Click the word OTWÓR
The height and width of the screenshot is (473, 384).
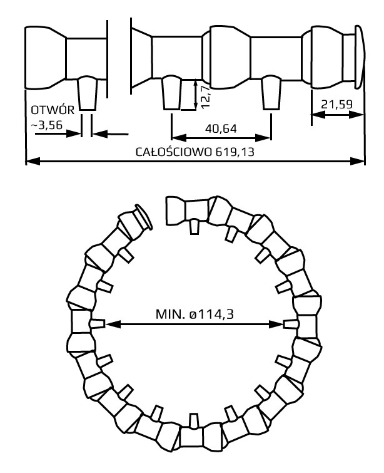pyautogui.click(x=53, y=110)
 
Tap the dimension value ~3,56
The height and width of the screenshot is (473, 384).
pyautogui.click(x=48, y=124)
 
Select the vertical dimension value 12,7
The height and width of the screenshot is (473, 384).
pyautogui.click(x=206, y=97)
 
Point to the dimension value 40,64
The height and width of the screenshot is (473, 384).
pyautogui.click(x=221, y=129)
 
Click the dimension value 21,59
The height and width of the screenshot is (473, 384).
pyautogui.click(x=336, y=105)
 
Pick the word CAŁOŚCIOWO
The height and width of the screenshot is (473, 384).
pyautogui.click(x=174, y=152)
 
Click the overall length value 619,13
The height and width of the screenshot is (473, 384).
pyautogui.click(x=235, y=152)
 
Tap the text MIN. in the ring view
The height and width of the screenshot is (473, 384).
pyautogui.click(x=170, y=314)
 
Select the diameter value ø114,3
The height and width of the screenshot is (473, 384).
pyautogui.click(x=211, y=314)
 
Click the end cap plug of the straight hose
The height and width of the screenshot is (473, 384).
pyautogui.click(x=359, y=57)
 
